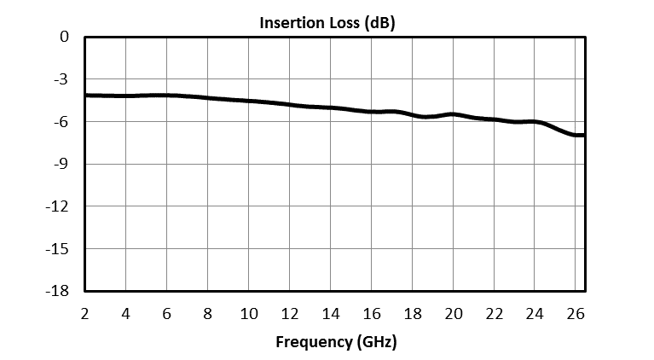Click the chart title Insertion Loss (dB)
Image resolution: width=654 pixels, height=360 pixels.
click(327, 23)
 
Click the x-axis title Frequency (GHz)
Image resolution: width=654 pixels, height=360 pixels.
click(336, 342)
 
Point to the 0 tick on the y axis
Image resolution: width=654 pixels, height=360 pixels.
click(64, 38)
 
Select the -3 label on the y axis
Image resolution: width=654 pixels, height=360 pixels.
click(61, 80)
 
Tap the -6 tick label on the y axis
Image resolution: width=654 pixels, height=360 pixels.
click(61, 122)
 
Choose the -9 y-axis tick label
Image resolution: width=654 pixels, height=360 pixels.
click(61, 165)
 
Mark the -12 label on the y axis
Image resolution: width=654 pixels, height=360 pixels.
click(58, 206)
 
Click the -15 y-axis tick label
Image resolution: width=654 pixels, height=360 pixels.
click(58, 249)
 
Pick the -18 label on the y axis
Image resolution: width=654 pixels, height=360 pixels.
click(58, 291)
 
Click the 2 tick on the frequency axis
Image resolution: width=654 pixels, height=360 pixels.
click(85, 313)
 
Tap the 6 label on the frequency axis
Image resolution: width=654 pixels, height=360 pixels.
click(167, 313)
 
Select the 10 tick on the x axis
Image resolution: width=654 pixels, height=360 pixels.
click(249, 313)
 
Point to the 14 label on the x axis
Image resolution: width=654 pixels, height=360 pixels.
click(331, 313)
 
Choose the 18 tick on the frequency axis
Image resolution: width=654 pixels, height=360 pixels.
click(413, 313)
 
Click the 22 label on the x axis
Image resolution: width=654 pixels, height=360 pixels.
click(495, 313)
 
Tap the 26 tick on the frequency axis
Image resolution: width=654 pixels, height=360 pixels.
click(576, 313)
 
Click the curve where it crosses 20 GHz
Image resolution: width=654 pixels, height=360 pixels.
click(454, 114)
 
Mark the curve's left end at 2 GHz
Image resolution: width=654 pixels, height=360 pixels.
click(86, 95)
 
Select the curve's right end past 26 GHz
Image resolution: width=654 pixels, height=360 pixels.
click(583, 135)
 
